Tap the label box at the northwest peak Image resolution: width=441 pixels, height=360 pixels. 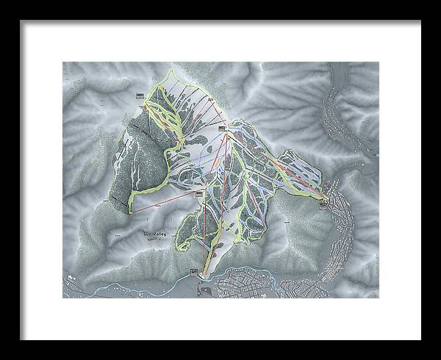pos(140,96)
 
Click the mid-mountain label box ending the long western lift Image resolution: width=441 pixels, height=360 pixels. pos(199,192)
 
